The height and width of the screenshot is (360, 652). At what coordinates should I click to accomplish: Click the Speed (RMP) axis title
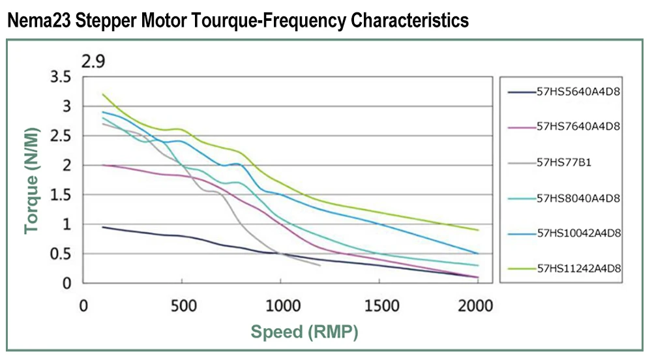pyautogui.click(x=305, y=332)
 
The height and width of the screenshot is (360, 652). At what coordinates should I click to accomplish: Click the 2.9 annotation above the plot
pyautogui.click(x=93, y=62)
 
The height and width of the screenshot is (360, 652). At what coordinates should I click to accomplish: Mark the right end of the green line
pyautogui.click(x=478, y=230)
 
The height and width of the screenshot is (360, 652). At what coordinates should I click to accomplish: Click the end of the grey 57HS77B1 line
pyautogui.click(x=319, y=265)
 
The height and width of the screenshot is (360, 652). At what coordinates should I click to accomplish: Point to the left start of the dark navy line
pyautogui.click(x=103, y=227)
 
